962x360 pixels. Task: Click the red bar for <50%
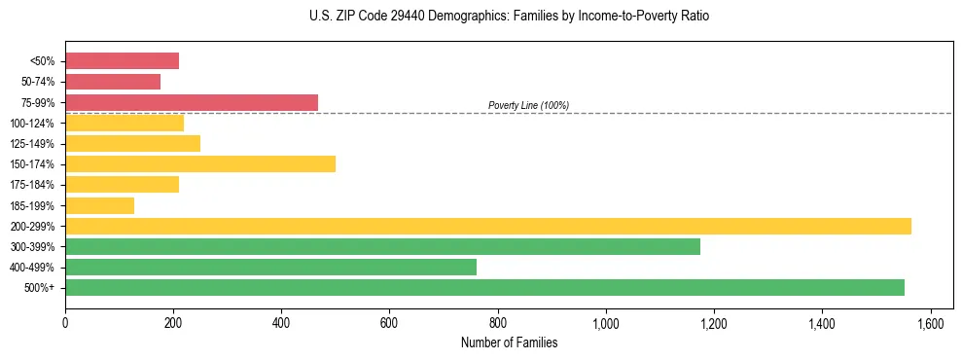coord(122,61)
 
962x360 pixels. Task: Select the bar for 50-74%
coord(113,82)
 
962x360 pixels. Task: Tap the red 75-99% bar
coord(192,102)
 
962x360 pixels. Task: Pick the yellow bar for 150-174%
coord(200,163)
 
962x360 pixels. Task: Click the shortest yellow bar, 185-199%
coord(99,205)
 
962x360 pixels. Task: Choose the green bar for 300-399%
coord(382,246)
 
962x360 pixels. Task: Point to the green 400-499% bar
coord(270,267)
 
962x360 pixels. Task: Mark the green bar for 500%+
coord(484,287)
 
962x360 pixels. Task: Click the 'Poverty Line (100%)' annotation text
coord(528,105)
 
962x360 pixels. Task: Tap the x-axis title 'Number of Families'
coord(509,342)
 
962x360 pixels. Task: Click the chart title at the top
coord(510,17)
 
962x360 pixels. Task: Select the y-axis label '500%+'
coord(41,288)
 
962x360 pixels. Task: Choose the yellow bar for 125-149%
coord(132,143)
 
